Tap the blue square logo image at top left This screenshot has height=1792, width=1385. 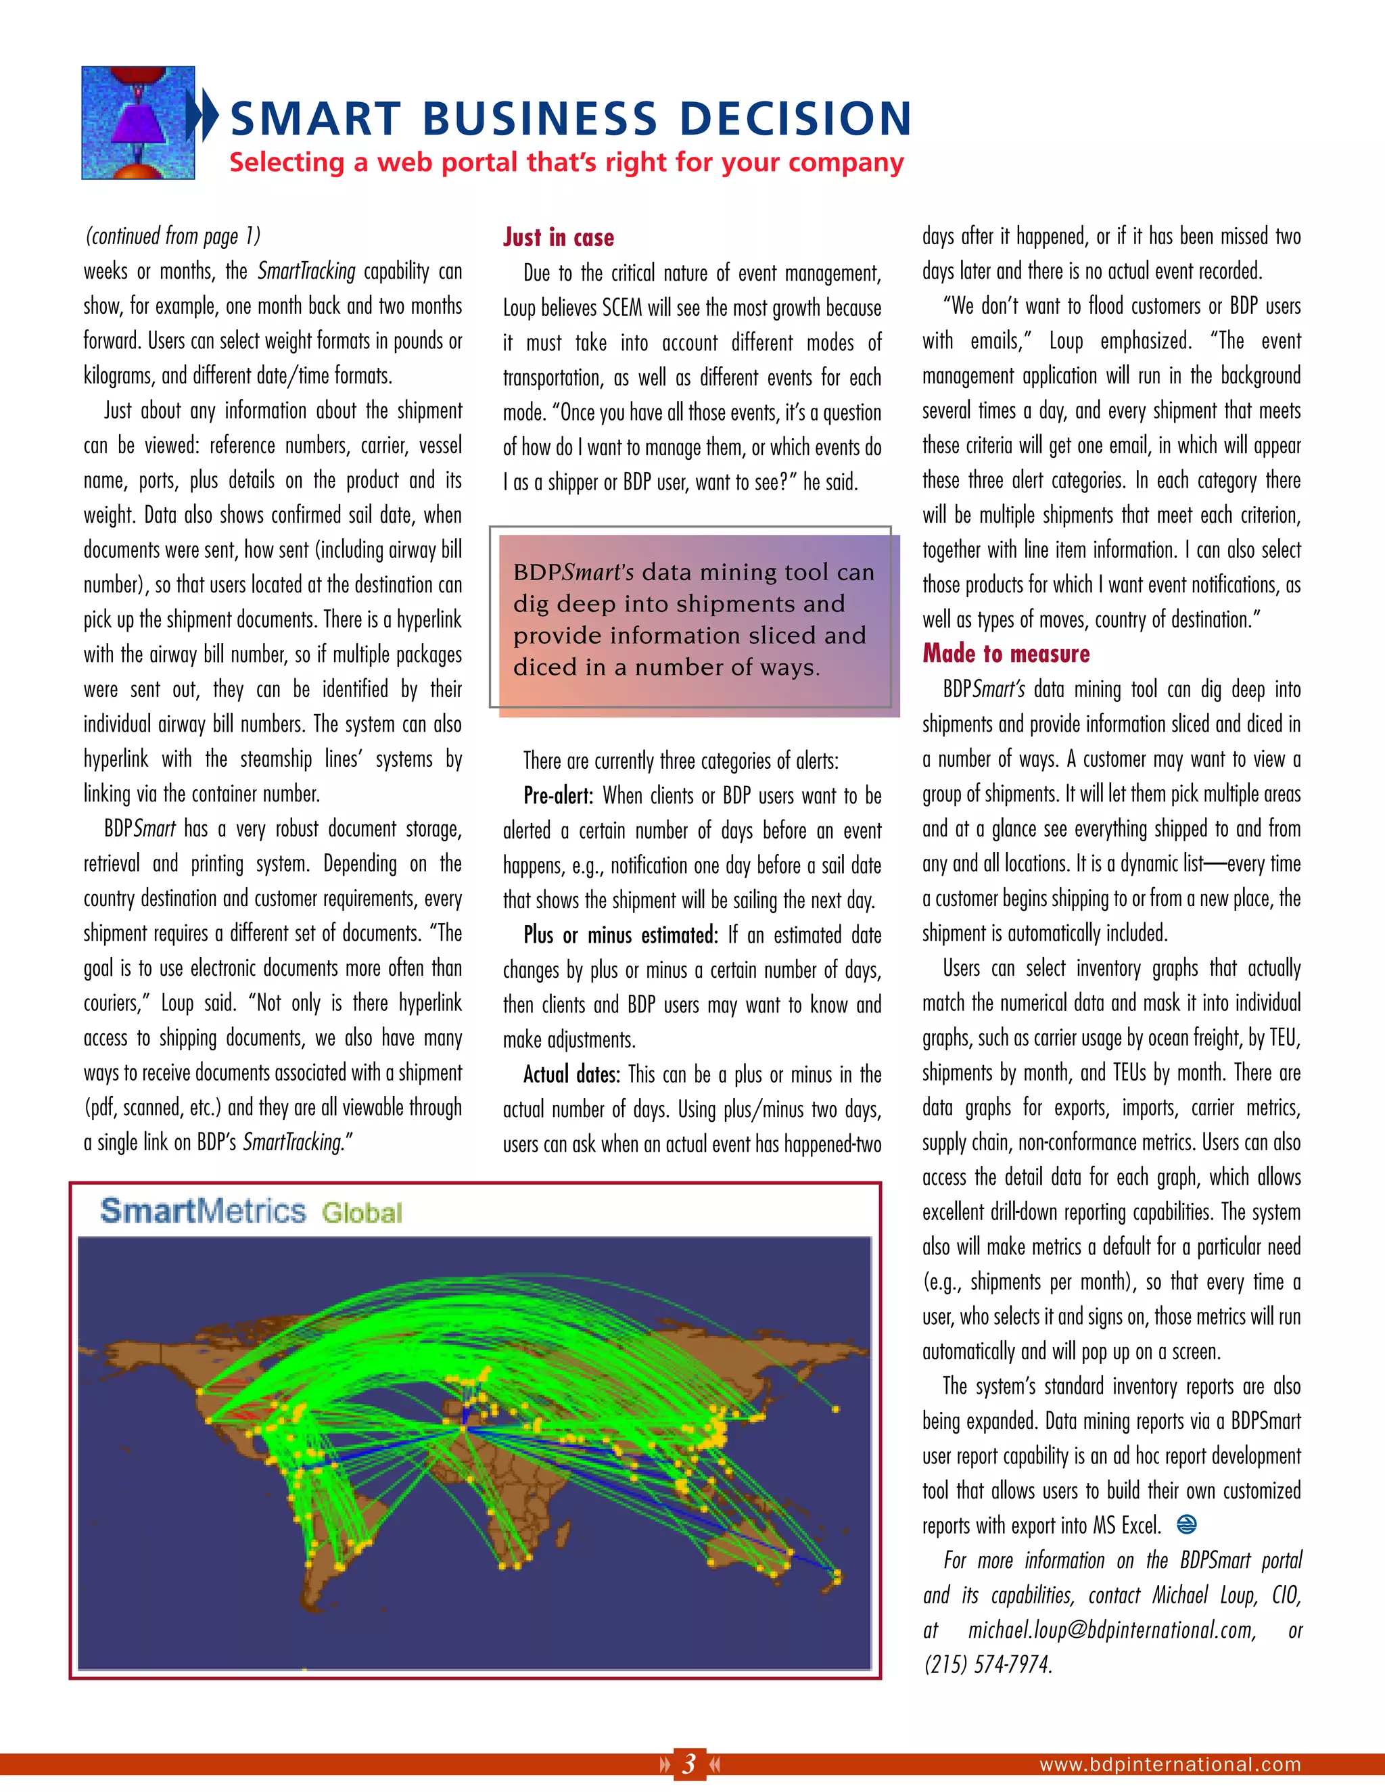pos(138,123)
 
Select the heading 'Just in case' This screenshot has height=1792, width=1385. pos(558,238)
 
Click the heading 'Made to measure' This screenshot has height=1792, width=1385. pos(1006,654)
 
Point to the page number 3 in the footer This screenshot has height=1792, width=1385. pos(689,1762)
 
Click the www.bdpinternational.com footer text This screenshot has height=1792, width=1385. pos(1170,1764)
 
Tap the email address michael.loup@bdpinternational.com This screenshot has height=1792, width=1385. pos(1112,1630)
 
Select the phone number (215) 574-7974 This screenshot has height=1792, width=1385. pos(988,1664)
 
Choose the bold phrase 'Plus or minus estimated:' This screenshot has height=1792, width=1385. pos(620,935)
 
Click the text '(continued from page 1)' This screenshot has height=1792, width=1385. pos(172,236)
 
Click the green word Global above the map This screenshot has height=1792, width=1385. pos(362,1212)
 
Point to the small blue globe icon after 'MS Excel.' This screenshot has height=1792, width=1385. pos(1186,1524)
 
